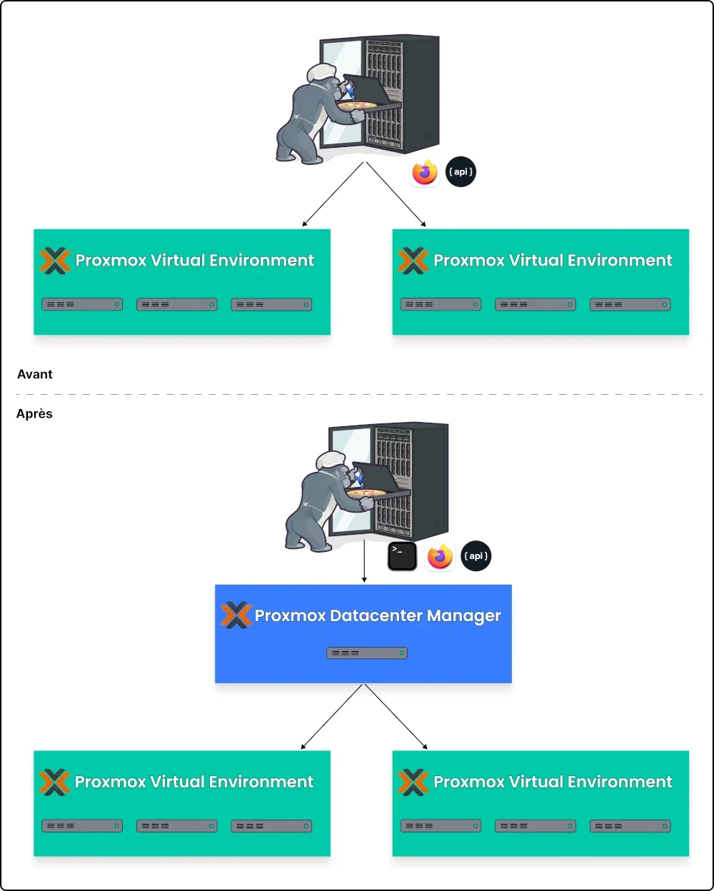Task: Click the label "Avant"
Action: [x=35, y=374]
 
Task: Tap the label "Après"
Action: [x=34, y=414]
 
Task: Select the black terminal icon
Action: [x=402, y=556]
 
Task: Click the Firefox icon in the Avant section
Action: [x=424, y=173]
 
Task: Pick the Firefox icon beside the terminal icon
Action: [x=440, y=556]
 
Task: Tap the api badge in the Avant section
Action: [x=461, y=172]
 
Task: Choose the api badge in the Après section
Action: [x=476, y=556]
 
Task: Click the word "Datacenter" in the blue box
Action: [x=376, y=616]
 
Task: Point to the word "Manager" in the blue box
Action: [x=465, y=616]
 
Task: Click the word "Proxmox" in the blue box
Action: [x=290, y=616]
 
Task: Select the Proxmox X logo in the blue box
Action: [x=236, y=615]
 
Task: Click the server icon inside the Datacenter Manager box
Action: [x=367, y=653]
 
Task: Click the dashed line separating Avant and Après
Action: [x=357, y=394]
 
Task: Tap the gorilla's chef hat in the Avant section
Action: [x=321, y=71]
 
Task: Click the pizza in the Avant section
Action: [x=357, y=106]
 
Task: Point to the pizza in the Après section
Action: [x=366, y=493]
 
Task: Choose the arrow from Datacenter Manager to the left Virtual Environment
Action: [x=333, y=716]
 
